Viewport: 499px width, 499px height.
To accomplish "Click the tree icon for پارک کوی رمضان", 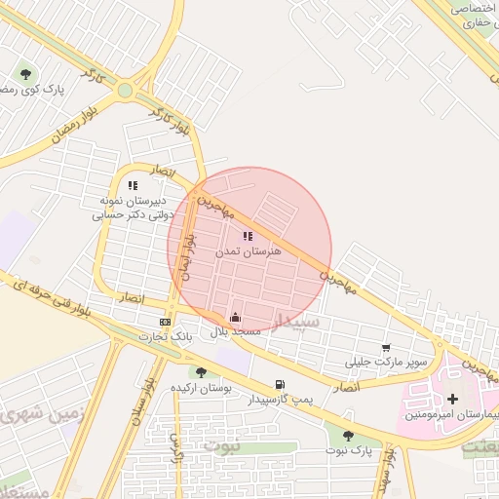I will [x=25, y=73].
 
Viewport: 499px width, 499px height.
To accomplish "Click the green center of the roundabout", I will [x=126, y=91].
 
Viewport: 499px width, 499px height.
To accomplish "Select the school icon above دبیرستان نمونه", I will [x=134, y=185].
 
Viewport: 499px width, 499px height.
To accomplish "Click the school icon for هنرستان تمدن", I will [x=248, y=236].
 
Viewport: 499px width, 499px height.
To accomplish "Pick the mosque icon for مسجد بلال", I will [x=235, y=317].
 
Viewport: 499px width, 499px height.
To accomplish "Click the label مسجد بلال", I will [x=236, y=332].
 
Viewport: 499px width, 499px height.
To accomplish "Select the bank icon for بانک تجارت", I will [x=165, y=322].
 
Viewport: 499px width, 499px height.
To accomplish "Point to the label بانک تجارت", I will [x=160, y=337].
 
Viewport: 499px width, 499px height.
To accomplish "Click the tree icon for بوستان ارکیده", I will [x=201, y=372].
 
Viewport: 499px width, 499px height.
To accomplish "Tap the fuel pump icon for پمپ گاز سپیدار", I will [x=281, y=384].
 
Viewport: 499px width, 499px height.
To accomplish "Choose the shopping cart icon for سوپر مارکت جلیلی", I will [x=387, y=348].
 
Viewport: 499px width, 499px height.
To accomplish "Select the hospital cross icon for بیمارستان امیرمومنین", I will [x=452, y=399].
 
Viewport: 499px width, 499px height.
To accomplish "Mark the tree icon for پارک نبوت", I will [x=348, y=436].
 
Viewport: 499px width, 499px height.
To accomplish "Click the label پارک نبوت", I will [x=352, y=452].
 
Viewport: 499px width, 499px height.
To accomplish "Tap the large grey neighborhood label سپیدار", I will [x=297, y=322].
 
